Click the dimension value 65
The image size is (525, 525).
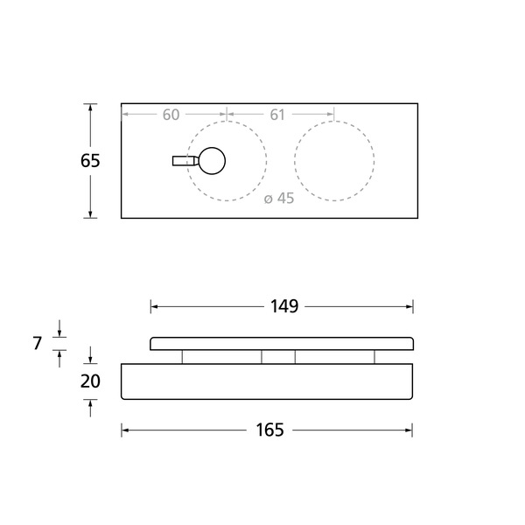[x=90, y=161]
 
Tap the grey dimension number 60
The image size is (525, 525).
[x=171, y=115]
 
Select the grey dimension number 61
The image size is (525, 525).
[x=277, y=115]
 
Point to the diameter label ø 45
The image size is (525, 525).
[x=279, y=199]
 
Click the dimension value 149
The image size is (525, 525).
[x=283, y=306]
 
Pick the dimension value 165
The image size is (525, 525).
[x=269, y=430]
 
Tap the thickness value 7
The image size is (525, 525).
[x=38, y=344]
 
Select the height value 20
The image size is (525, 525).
[x=90, y=381]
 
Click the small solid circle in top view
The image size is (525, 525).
[x=211, y=161]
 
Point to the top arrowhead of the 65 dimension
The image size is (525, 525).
[x=90, y=108]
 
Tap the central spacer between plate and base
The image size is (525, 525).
[x=278, y=356]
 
